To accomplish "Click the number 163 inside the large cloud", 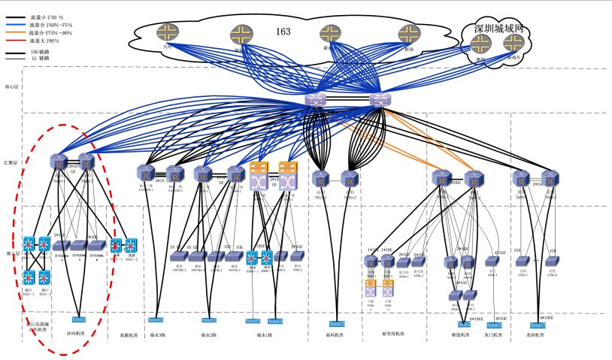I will click(283, 32).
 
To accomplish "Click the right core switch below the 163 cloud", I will click(378, 99).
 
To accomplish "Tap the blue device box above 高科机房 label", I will click(336, 324).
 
